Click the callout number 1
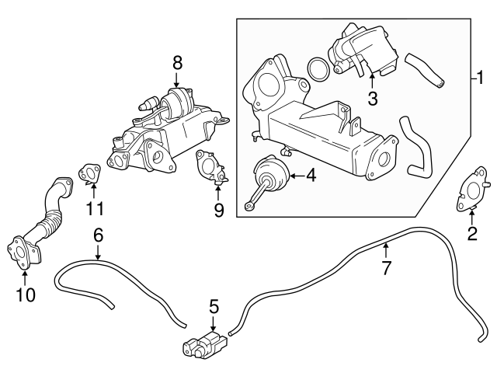[x=480, y=78]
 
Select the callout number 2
[x=471, y=232]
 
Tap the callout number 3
[x=372, y=99]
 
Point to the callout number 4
[x=311, y=176]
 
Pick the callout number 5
[x=214, y=307]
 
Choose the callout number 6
[x=98, y=234]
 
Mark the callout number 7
[x=387, y=269]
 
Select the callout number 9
[x=218, y=210]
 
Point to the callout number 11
[x=94, y=207]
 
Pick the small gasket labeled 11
[x=89, y=173]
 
